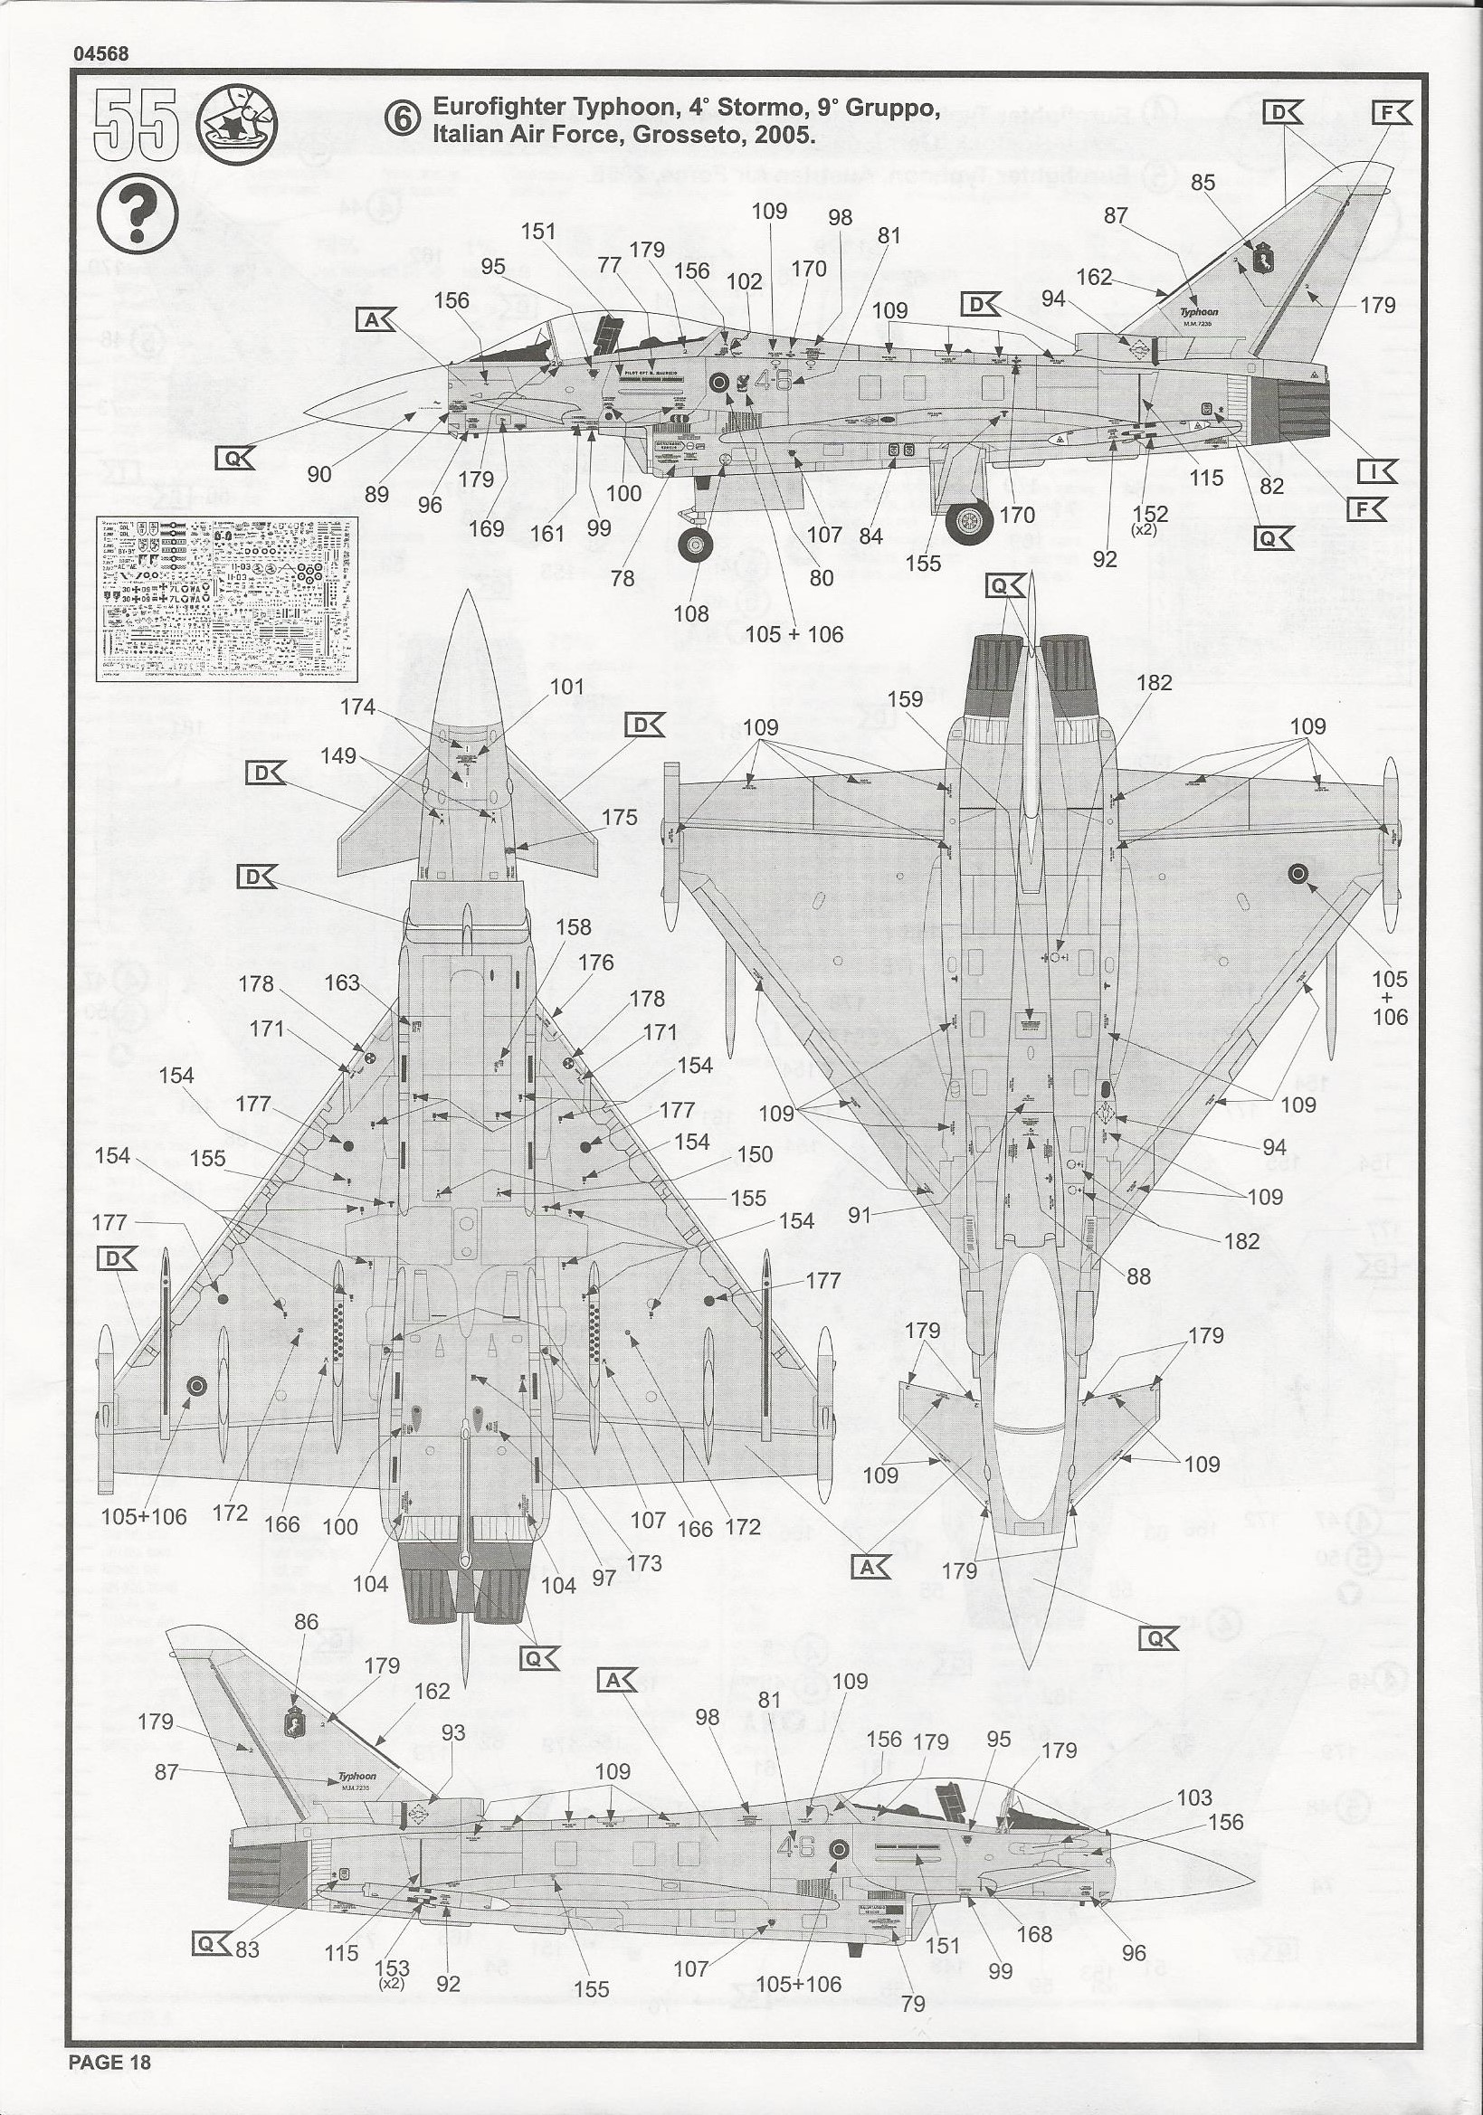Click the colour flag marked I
[1377, 470]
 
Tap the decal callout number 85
[1203, 183]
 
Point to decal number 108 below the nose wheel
[691, 613]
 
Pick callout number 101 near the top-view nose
[567, 687]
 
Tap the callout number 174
[357, 707]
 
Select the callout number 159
[905, 699]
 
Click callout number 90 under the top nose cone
[318, 474]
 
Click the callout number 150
[755, 1154]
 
